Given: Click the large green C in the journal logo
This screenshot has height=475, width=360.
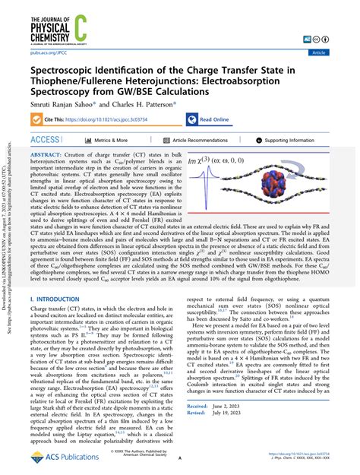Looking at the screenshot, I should pyautogui.click(x=105, y=24).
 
